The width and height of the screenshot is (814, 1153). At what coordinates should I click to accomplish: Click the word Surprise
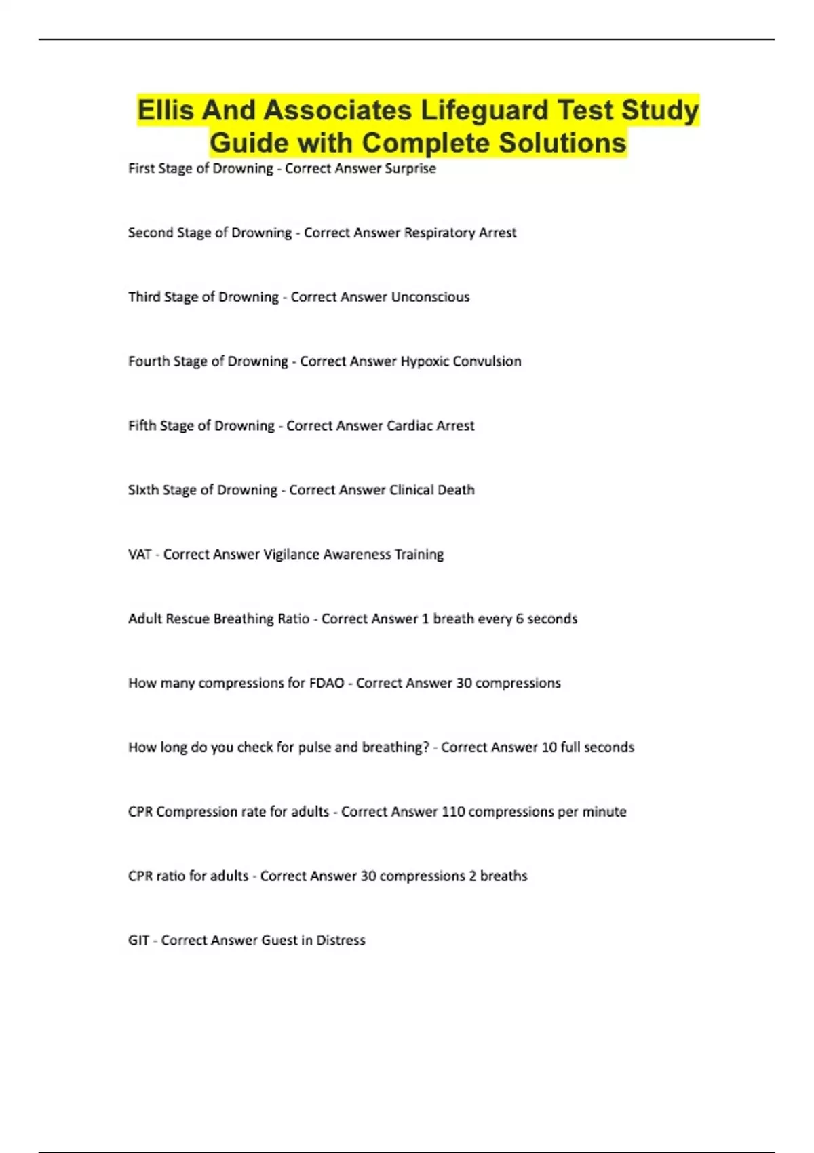click(410, 168)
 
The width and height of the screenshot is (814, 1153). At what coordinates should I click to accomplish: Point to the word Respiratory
click(440, 233)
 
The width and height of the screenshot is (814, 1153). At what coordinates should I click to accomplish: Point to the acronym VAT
click(140, 555)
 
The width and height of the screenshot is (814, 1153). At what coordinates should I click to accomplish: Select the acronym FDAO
click(327, 683)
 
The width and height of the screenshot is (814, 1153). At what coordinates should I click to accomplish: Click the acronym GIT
click(138, 941)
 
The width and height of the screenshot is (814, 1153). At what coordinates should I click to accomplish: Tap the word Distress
click(341, 941)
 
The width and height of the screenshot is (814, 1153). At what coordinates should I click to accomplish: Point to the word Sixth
click(142, 490)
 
